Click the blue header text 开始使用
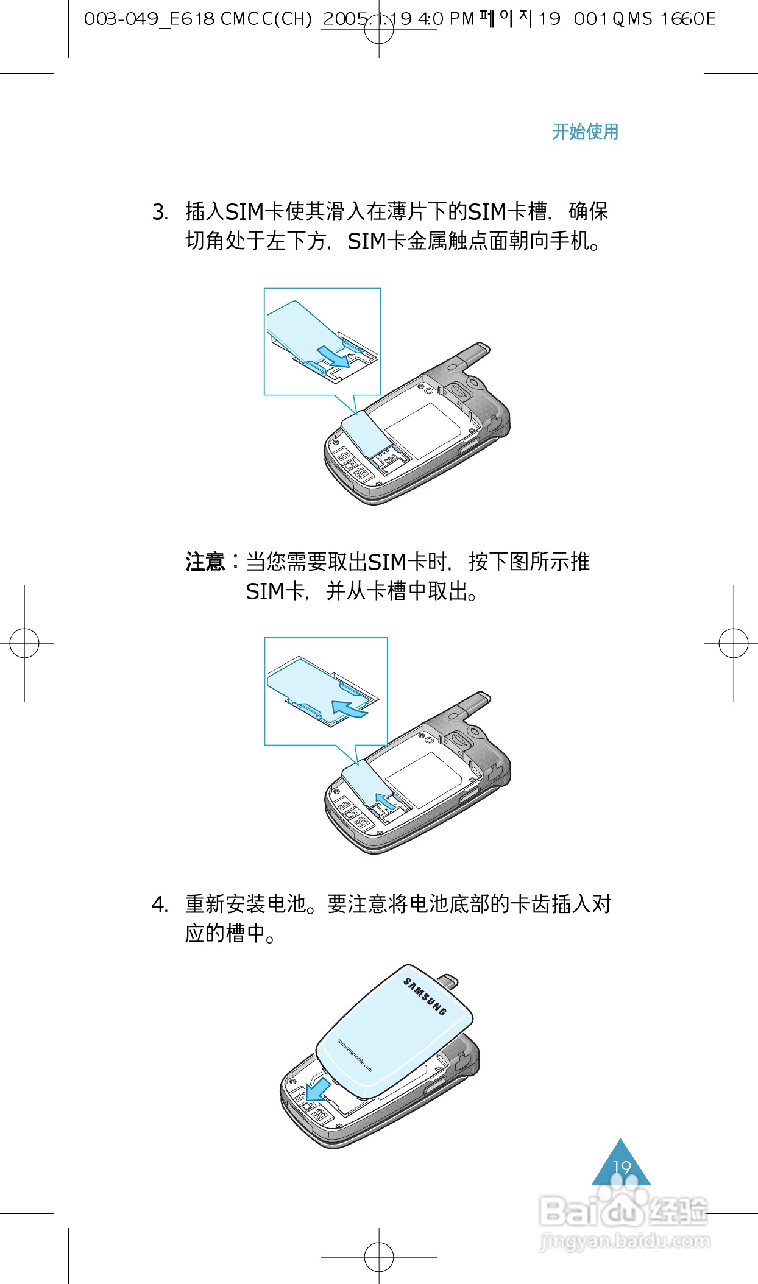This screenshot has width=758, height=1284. (x=585, y=132)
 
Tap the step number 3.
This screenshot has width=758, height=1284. (x=160, y=213)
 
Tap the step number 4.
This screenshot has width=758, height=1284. (x=160, y=905)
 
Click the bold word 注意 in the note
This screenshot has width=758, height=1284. (x=205, y=562)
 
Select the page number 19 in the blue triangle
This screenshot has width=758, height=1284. (x=622, y=1168)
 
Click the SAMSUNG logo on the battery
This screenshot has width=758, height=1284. (x=425, y=997)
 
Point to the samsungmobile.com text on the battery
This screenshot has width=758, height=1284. (x=355, y=1056)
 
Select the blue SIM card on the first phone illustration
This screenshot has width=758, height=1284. (x=364, y=434)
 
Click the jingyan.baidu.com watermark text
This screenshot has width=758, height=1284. (x=625, y=1241)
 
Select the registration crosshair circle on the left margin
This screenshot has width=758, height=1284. (x=24, y=643)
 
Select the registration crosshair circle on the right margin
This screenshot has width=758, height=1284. (x=734, y=643)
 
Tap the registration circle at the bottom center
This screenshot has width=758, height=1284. (x=379, y=1257)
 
